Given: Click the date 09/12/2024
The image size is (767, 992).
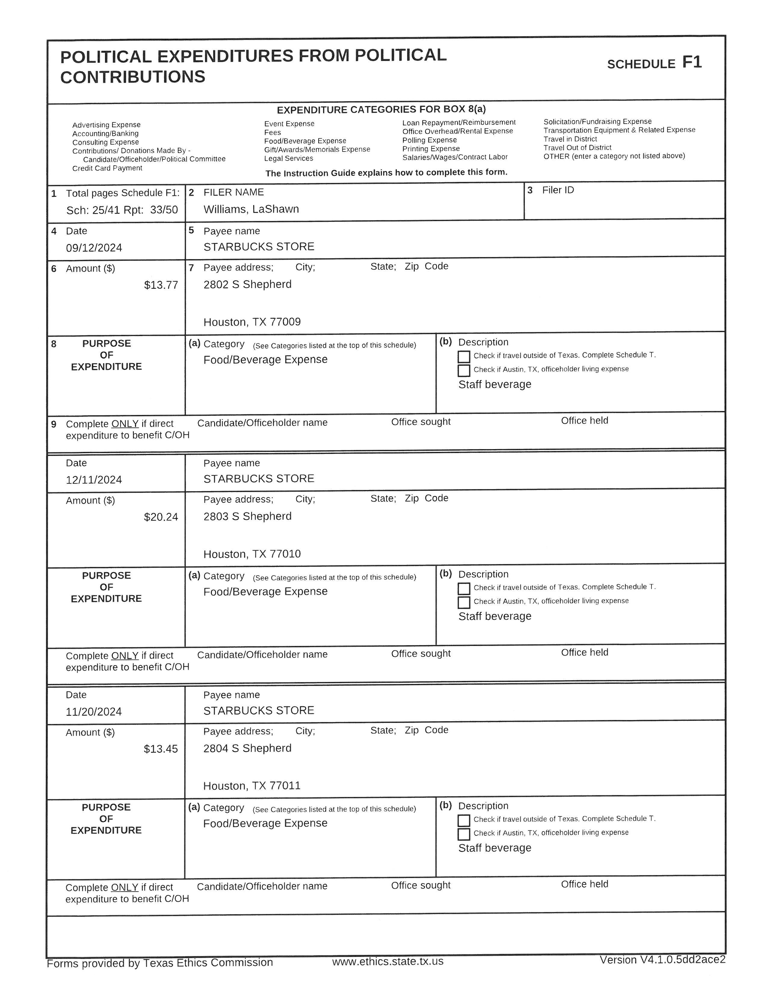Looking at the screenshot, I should [94, 248].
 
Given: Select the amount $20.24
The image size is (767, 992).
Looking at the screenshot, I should [161, 517].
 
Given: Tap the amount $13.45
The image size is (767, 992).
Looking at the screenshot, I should [161, 749].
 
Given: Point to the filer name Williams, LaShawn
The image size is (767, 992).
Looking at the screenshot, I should [251, 210].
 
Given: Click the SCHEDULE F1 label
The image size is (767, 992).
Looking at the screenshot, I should [654, 63].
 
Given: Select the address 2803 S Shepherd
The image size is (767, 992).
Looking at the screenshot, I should [247, 516].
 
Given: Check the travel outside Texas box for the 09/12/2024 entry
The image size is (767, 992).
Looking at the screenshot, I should [464, 357].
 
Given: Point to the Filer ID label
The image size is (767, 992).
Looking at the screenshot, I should [558, 190].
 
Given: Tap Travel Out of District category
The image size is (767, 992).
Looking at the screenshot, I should [577, 148].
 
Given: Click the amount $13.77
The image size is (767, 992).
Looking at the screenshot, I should [161, 285].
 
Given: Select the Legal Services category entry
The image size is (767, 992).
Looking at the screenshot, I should [288, 158].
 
